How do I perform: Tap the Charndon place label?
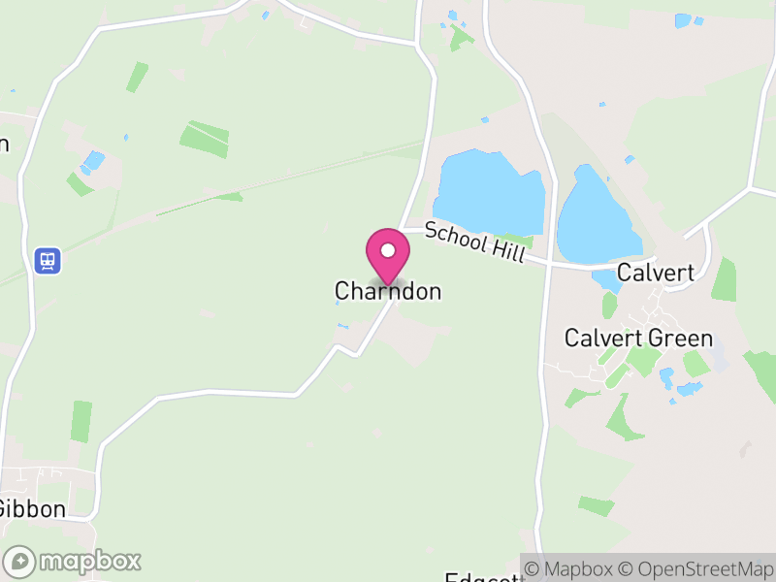387,291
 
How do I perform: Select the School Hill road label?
474,242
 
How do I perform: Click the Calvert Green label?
638,339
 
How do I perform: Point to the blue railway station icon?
47,260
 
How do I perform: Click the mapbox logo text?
89,561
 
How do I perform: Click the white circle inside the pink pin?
387,250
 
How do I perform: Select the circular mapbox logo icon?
19,562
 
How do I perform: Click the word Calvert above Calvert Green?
657,273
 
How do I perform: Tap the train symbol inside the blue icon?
47,260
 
